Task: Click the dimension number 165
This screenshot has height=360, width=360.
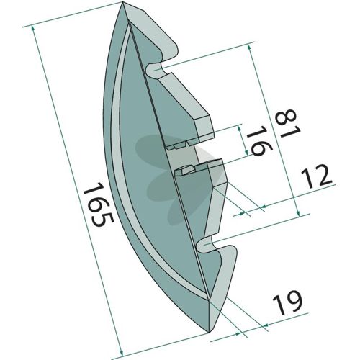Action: (x=98, y=204)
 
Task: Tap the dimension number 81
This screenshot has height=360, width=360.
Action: (x=287, y=123)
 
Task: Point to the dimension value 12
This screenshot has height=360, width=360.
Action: (x=317, y=176)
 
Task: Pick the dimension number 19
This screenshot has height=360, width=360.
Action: (x=287, y=302)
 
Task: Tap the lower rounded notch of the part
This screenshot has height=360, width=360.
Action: (x=207, y=244)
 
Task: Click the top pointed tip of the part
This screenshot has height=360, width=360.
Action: (x=122, y=2)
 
